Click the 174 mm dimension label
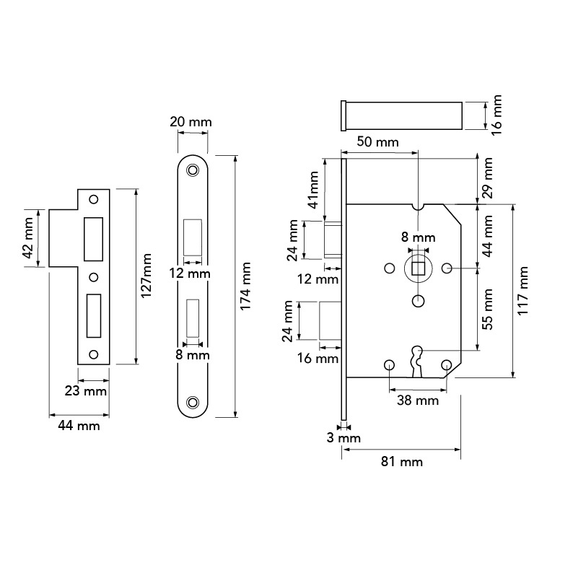(245, 286)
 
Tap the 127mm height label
(146, 276)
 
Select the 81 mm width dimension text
(402, 462)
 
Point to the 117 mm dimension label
(523, 291)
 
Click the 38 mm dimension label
(418, 401)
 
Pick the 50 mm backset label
(377, 141)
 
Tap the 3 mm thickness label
(344, 438)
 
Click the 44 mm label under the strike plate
(79, 426)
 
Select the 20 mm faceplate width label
(191, 122)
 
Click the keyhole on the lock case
(418, 362)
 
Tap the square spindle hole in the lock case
(418, 268)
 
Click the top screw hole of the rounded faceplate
(192, 170)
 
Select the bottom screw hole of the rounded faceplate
(192, 403)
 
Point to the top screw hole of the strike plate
(94, 199)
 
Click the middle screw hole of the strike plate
(94, 277)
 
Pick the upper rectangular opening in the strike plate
(93, 240)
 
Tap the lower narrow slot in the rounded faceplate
(193, 318)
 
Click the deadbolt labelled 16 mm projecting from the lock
(331, 321)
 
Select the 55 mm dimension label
(488, 309)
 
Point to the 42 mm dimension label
(28, 238)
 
